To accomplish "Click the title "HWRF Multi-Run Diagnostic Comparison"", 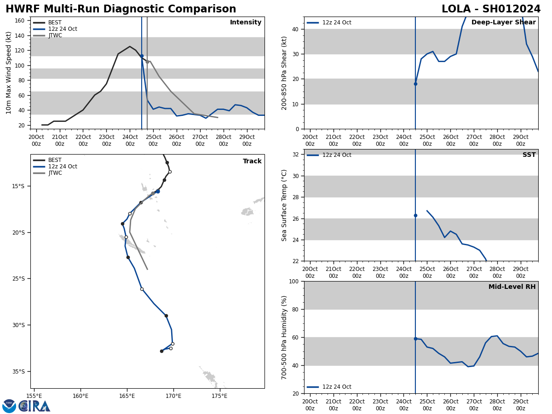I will pos(121,9).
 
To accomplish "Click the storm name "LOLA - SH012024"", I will pos(491,9).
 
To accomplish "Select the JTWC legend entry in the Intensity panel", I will pos(55,35).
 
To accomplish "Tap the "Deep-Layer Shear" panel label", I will pos(503,23).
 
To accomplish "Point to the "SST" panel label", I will pos(529,155).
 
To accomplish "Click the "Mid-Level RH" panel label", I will pos(512,287).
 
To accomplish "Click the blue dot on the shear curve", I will pos(415,84).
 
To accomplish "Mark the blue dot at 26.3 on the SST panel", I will pos(415,215).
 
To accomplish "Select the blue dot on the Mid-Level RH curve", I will pos(415,339).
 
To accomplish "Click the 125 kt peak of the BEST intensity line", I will pos(130,46).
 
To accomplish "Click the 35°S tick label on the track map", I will pos(19,372).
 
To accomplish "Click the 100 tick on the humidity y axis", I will pos(293,281).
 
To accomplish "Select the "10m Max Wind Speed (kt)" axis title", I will pos(9,73).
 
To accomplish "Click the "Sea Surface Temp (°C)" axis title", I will pos(284,205).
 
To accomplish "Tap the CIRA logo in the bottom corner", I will pos(26,406).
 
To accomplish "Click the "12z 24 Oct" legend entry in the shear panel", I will pos(337,23).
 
